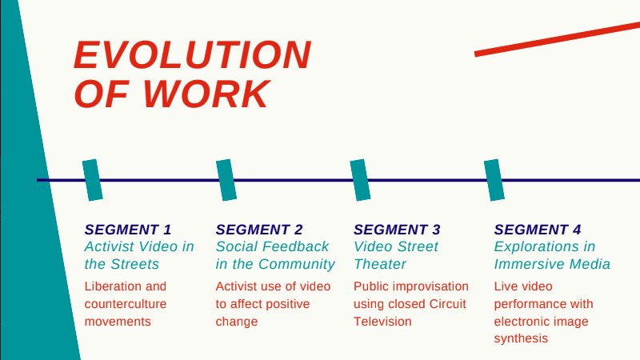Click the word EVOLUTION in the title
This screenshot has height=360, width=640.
pyautogui.click(x=193, y=55)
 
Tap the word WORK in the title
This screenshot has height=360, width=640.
pyautogui.click(x=206, y=94)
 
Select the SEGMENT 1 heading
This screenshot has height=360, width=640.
pyautogui.click(x=128, y=230)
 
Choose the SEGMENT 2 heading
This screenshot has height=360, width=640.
pyautogui.click(x=259, y=230)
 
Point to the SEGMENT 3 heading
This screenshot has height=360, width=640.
pyautogui.click(x=397, y=230)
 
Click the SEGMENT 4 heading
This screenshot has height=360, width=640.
pyautogui.click(x=538, y=230)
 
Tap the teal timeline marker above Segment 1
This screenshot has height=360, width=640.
pyautogui.click(x=93, y=180)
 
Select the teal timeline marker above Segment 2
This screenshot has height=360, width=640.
pyautogui.click(x=226, y=180)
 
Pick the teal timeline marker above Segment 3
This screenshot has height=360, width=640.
pyautogui.click(x=361, y=180)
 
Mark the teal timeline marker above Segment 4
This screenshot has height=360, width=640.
pyautogui.click(x=494, y=180)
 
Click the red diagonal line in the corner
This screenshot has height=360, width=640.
pyautogui.click(x=557, y=39)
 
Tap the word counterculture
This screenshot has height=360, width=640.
pyautogui.click(x=126, y=304)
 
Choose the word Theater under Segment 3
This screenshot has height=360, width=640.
pyautogui.click(x=379, y=265)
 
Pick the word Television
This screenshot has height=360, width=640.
pyautogui.click(x=382, y=322)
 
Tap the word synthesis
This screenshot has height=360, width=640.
pyautogui.click(x=521, y=338)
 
